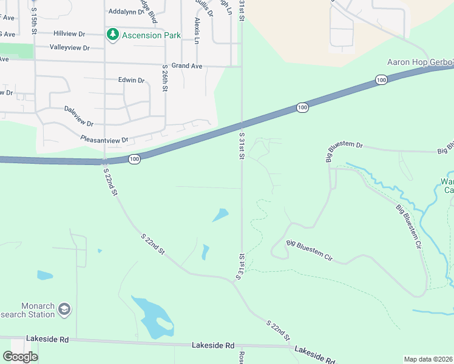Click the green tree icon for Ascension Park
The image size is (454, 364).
click(112, 35)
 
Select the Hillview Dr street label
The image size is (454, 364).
click(69, 33)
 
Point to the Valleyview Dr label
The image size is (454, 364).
click(69, 47)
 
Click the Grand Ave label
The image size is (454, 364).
click(186, 66)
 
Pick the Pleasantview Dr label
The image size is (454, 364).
click(104, 140)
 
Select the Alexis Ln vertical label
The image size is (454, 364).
click(197, 31)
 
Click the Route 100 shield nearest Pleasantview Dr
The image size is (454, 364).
click(135, 159)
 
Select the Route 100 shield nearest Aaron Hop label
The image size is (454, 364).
click(381, 79)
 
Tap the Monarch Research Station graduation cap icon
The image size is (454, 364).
click(64, 310)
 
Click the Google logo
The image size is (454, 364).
click(20, 357)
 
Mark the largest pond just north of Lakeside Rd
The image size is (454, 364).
click(152, 315)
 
